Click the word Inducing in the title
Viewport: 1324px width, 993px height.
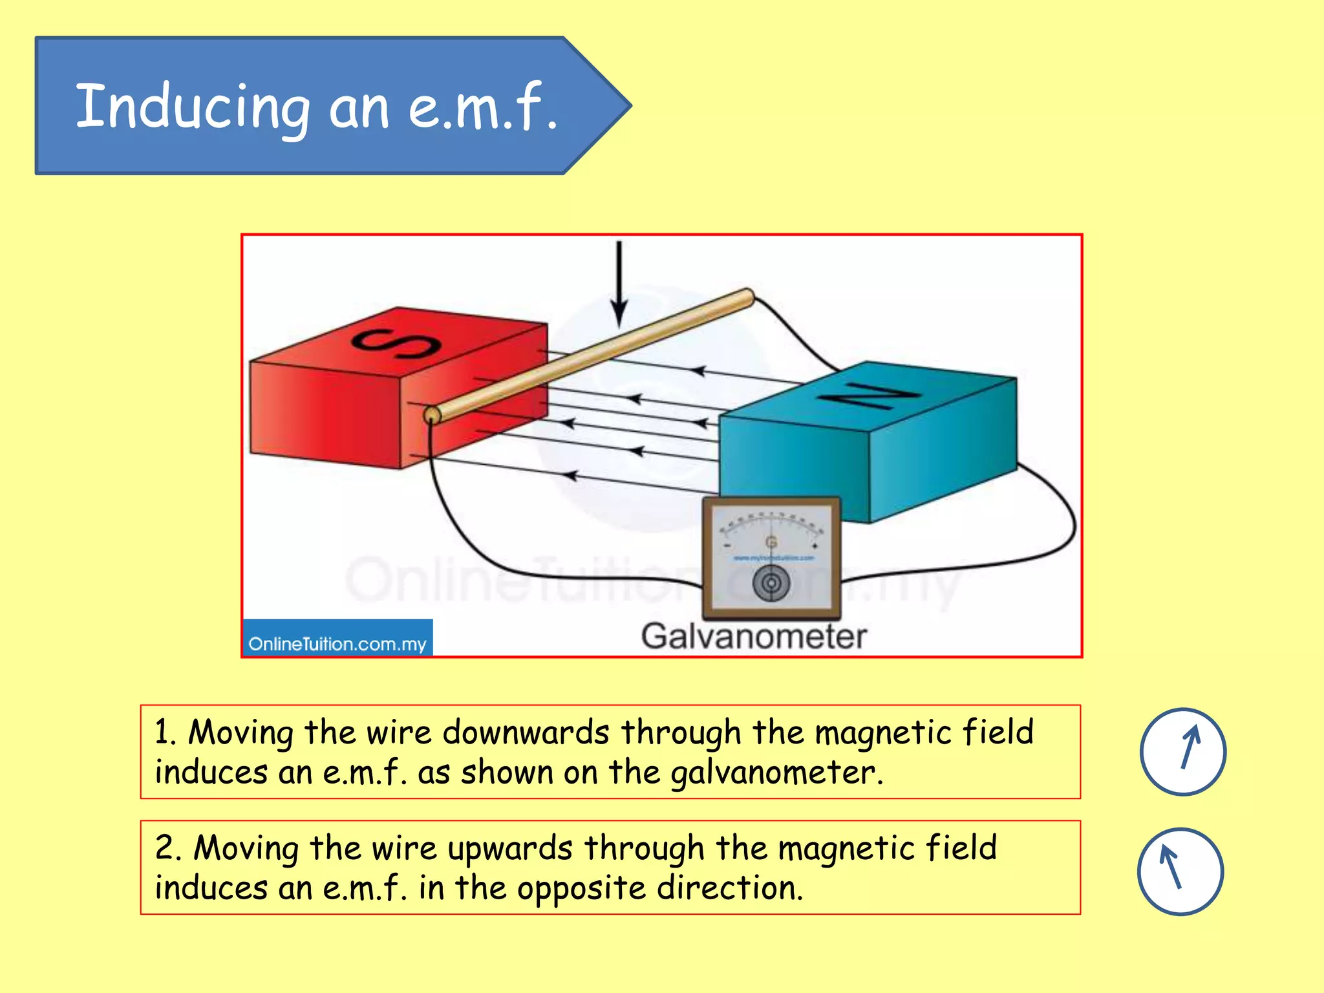pos(193,107)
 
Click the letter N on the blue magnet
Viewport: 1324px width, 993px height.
pos(870,395)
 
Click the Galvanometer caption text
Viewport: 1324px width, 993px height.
pos(753,636)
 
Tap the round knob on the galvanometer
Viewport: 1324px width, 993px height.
pos(771,583)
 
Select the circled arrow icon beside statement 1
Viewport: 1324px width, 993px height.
pos(1182,751)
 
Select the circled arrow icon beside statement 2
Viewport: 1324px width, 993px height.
pos(1180,871)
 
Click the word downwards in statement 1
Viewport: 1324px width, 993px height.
pos(526,732)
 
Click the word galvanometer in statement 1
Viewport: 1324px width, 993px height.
pos(776,773)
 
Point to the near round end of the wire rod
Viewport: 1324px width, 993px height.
pos(432,415)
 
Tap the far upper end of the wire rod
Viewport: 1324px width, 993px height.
pos(747,297)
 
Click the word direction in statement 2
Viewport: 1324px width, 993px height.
pos(729,888)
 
